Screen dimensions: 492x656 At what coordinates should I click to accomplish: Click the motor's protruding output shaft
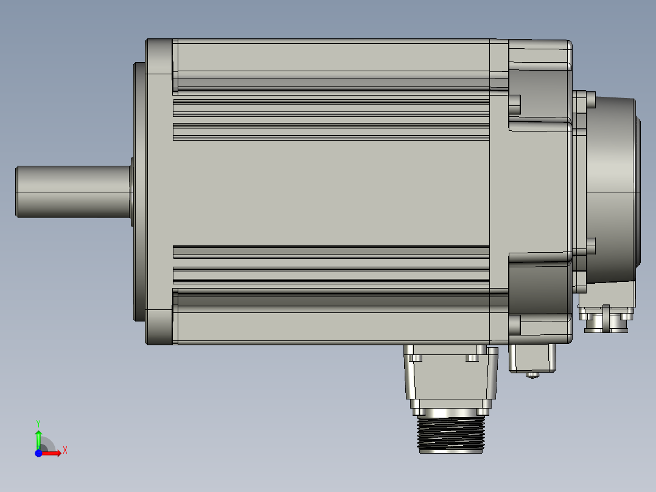[x=73, y=191]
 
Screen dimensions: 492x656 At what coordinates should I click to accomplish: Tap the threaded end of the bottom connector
[x=450, y=435]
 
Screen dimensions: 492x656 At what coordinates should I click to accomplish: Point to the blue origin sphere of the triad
[x=38, y=454]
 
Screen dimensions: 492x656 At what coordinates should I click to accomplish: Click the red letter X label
[x=65, y=450]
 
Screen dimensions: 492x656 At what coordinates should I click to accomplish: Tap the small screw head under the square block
[x=533, y=375]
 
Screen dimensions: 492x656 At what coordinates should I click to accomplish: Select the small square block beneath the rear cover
[x=533, y=357]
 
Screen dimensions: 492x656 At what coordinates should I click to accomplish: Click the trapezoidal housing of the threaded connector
[x=450, y=378]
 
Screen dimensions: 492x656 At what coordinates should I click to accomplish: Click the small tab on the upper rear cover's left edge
[x=515, y=105]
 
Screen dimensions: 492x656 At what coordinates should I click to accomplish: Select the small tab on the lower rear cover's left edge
[x=515, y=325]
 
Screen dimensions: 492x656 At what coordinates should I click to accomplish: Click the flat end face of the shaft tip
[x=16, y=191]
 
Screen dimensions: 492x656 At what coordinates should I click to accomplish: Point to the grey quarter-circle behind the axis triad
[x=47, y=446]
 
